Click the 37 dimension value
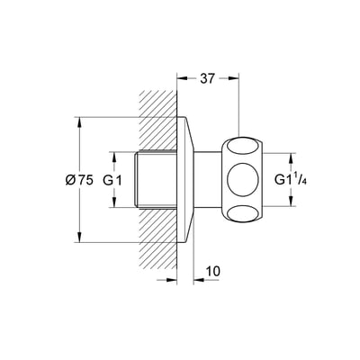coord(208,78)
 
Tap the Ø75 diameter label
coord(79,180)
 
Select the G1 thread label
coord(112,180)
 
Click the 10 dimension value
coord(212,271)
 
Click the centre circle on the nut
coord(243,180)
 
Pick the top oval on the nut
coord(243,148)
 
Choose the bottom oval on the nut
coord(243,213)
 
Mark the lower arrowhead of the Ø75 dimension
coord(79,236)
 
